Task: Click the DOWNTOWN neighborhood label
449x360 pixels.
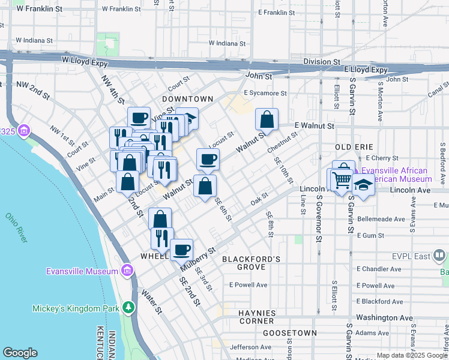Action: (x=187, y=98)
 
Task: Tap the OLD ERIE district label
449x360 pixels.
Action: (x=354, y=147)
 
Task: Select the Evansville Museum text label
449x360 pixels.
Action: (x=82, y=271)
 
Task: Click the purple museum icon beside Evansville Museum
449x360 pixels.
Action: (x=127, y=271)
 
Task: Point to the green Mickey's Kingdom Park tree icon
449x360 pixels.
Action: (x=128, y=308)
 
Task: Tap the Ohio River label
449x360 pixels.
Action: (x=16, y=228)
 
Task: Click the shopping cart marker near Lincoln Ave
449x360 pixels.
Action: (x=342, y=179)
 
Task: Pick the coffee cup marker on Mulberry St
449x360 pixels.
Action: (x=181, y=250)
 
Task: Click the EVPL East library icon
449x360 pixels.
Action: (x=440, y=256)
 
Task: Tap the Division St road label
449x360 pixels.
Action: (x=321, y=62)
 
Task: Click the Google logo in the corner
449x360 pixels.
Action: (x=20, y=353)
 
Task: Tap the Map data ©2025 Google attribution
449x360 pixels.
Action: (x=411, y=355)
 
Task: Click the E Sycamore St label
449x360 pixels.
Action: (x=265, y=93)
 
